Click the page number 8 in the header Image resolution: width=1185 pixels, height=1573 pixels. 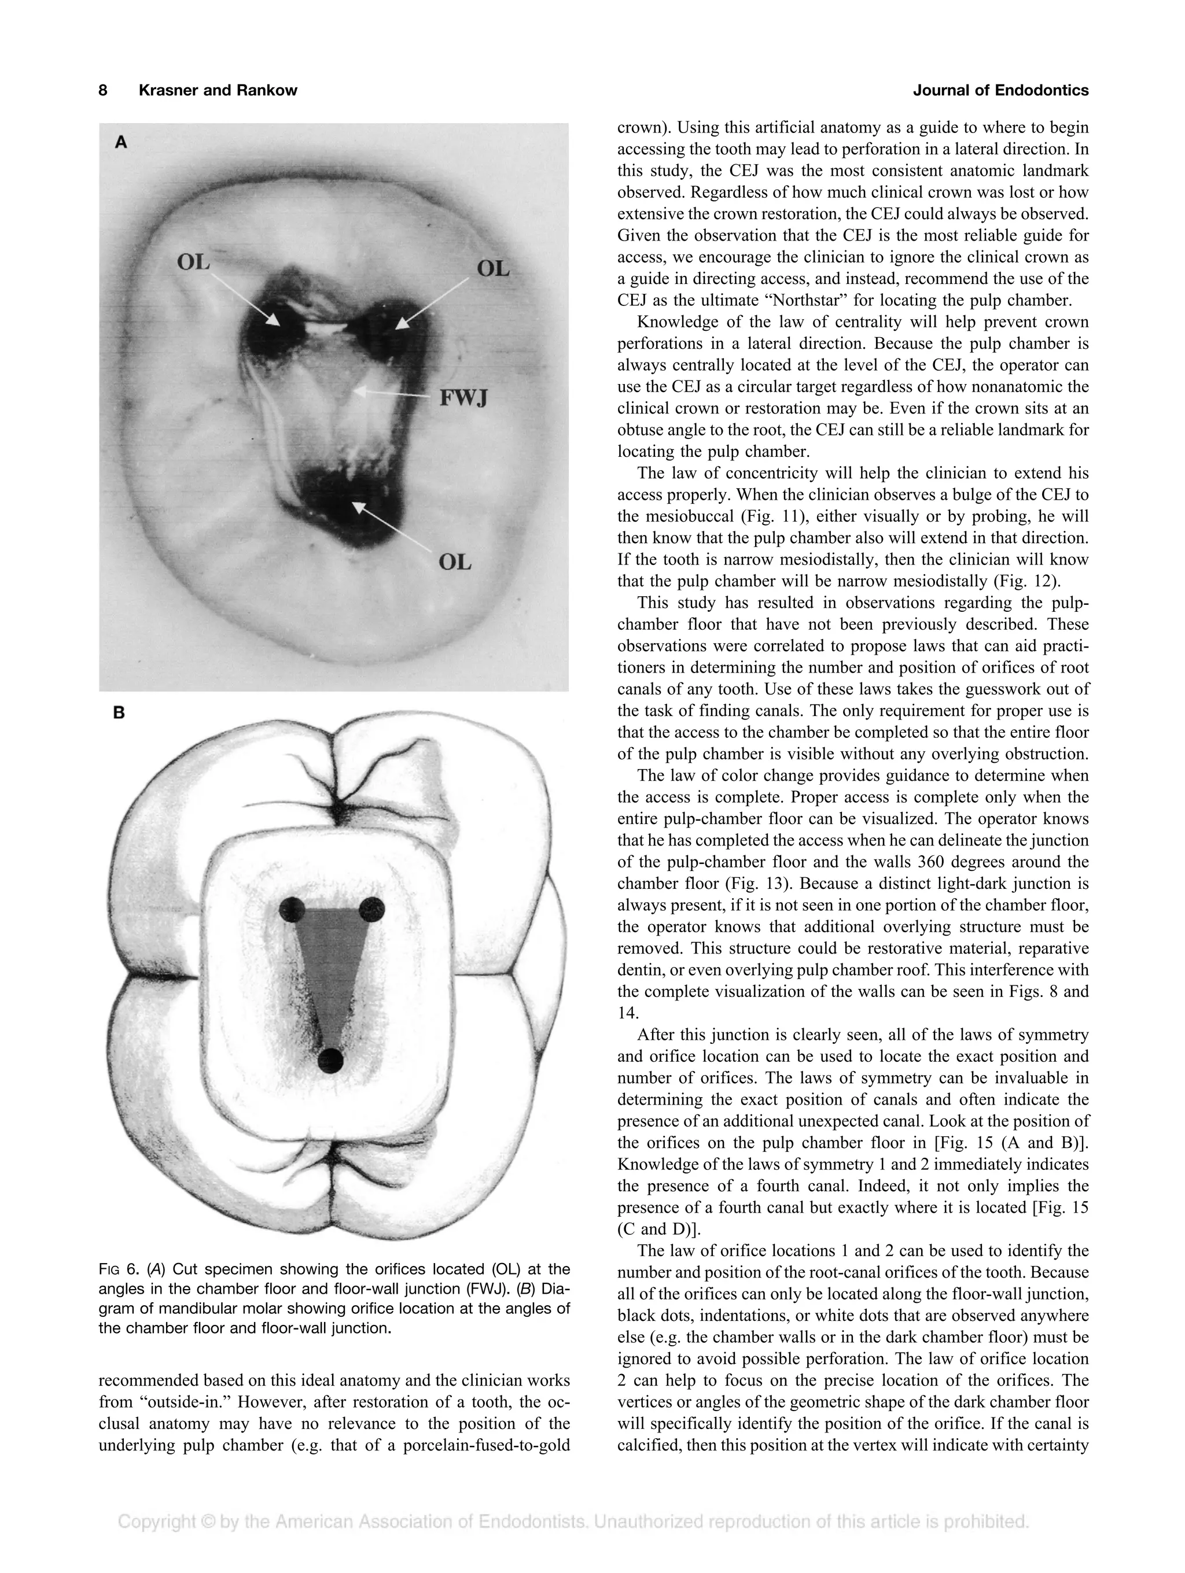coord(103,90)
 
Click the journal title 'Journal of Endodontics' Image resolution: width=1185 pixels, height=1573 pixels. coord(1000,90)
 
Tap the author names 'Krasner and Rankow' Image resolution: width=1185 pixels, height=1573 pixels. coord(218,90)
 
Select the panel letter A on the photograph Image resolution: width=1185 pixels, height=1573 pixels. coord(121,142)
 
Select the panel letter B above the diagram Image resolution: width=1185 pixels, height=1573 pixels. coord(119,712)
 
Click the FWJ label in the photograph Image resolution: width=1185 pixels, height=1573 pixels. coord(463,398)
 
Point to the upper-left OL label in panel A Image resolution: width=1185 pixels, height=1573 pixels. coord(193,263)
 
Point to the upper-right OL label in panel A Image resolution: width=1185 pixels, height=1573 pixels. coord(493,269)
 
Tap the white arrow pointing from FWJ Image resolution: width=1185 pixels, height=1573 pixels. coord(395,393)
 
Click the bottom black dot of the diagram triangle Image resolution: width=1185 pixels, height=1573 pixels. coord(330,1060)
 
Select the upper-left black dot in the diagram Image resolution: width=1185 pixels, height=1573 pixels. coord(292,910)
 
